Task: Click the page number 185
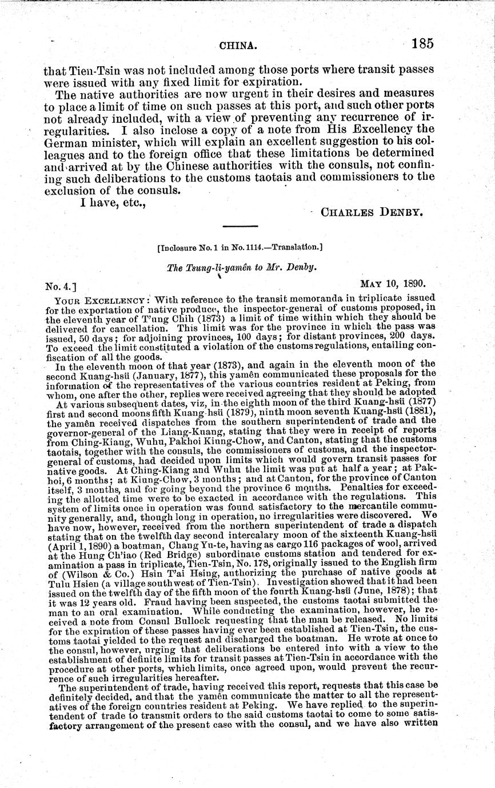pos(421,43)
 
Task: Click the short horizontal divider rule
pos(239,228)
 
